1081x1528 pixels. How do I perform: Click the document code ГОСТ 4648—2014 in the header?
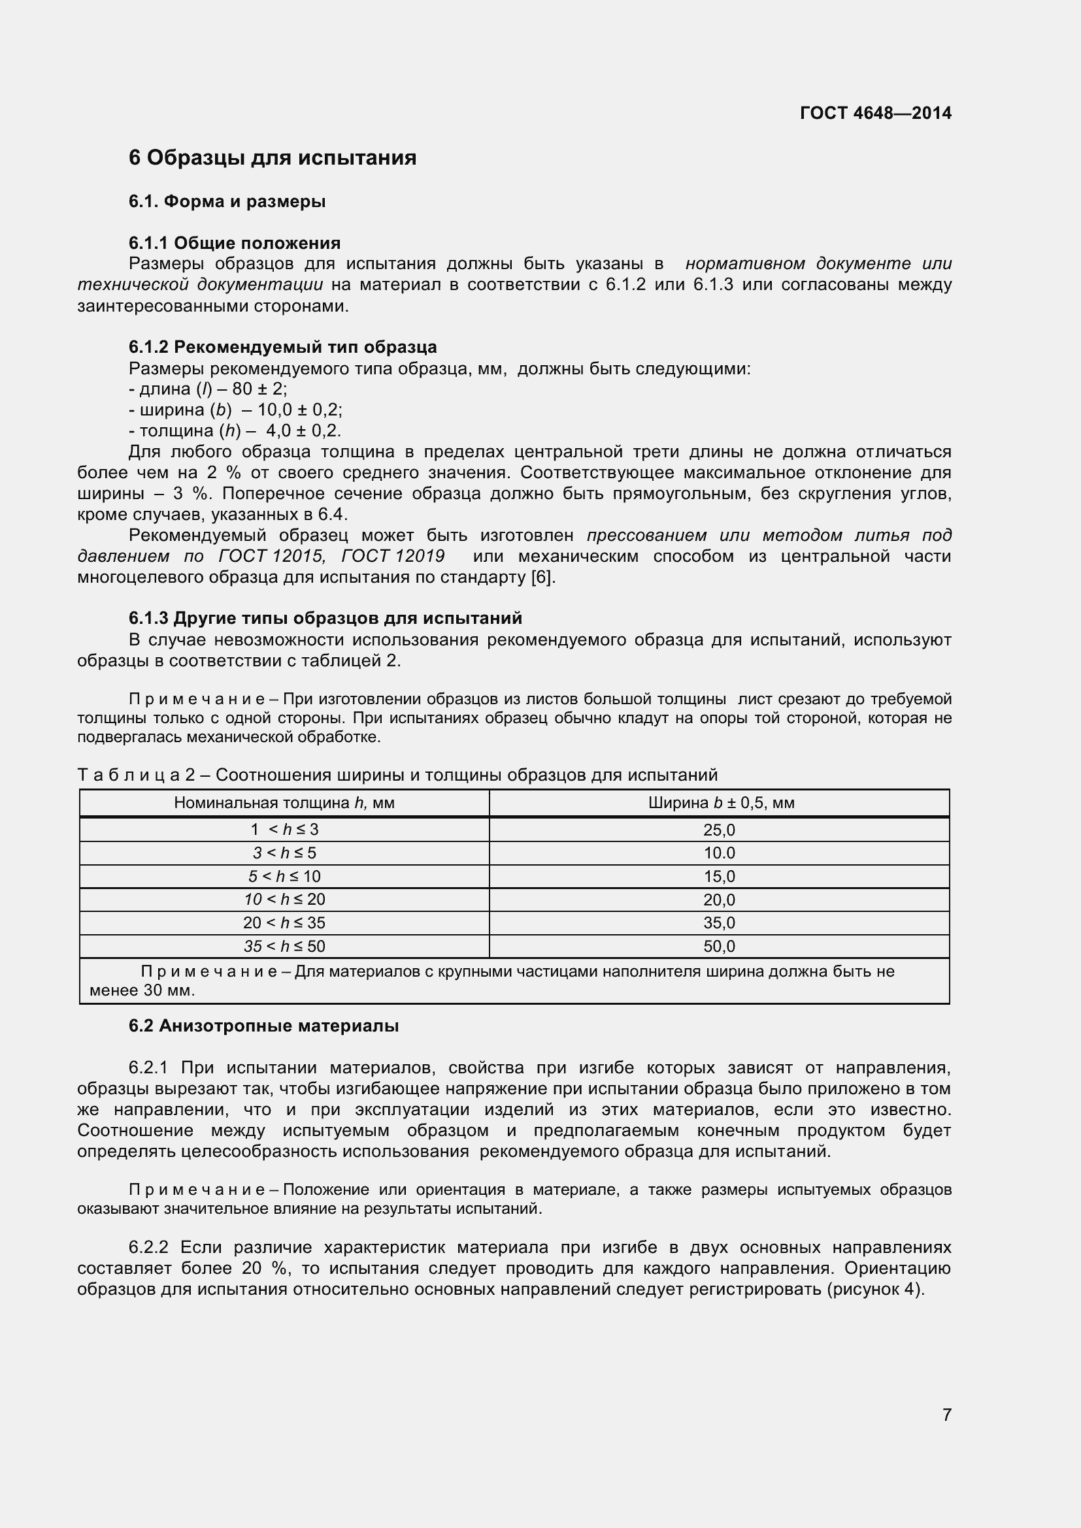tap(875, 113)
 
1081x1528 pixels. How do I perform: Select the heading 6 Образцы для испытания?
tap(273, 157)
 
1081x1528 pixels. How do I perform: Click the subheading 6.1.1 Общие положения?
tap(235, 243)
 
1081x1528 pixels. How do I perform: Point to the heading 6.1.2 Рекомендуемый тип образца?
tap(282, 347)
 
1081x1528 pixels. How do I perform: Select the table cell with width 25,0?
tap(719, 830)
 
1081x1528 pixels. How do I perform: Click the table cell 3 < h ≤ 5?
tap(284, 853)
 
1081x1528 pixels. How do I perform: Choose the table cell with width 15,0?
tap(719, 877)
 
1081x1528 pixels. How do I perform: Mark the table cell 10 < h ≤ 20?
tap(284, 900)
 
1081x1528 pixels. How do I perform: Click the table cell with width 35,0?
tap(719, 923)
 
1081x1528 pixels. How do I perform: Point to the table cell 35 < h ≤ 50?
tap(284, 947)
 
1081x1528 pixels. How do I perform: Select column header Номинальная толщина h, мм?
tap(284, 803)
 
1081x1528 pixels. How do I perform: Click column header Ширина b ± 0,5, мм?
tap(721, 803)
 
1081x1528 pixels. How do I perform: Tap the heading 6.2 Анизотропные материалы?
tap(263, 1026)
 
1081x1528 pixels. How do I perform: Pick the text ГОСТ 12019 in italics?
tap(393, 556)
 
